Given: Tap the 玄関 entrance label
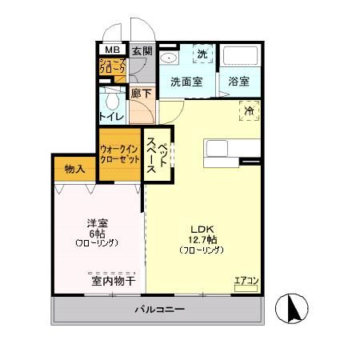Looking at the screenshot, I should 141,48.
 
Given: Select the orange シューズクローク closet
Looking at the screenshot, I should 111,67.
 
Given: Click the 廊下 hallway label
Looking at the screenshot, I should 141,94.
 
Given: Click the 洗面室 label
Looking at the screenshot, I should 186,82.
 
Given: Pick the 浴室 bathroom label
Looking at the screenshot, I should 238,82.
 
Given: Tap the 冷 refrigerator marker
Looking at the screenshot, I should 249,112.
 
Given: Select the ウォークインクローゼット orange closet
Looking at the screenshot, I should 120,153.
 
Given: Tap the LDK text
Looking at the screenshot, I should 201,227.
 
